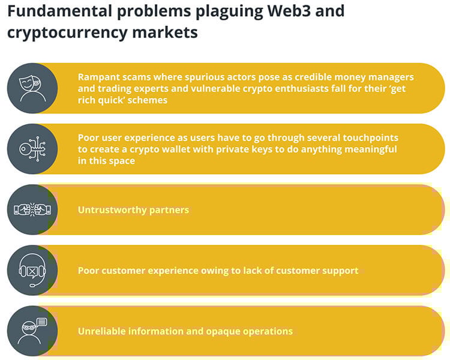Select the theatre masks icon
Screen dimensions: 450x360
[x=32, y=88]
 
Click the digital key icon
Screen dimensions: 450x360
[x=32, y=149]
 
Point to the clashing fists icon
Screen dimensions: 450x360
[x=32, y=209]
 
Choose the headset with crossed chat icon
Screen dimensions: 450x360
[x=32, y=271]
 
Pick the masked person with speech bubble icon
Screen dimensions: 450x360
[x=32, y=331]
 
